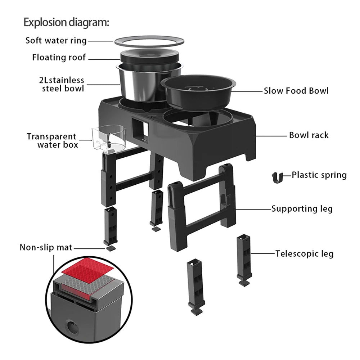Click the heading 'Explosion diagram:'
coord(66,22)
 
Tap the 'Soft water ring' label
coord(56,40)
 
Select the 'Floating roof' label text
coord(59,57)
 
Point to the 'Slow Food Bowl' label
coord(296,91)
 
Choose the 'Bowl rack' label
coord(309,135)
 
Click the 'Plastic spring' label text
coord(319,175)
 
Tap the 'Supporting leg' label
coord(302,209)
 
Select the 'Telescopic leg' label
coord(304,254)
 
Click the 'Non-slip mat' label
coord(46,248)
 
